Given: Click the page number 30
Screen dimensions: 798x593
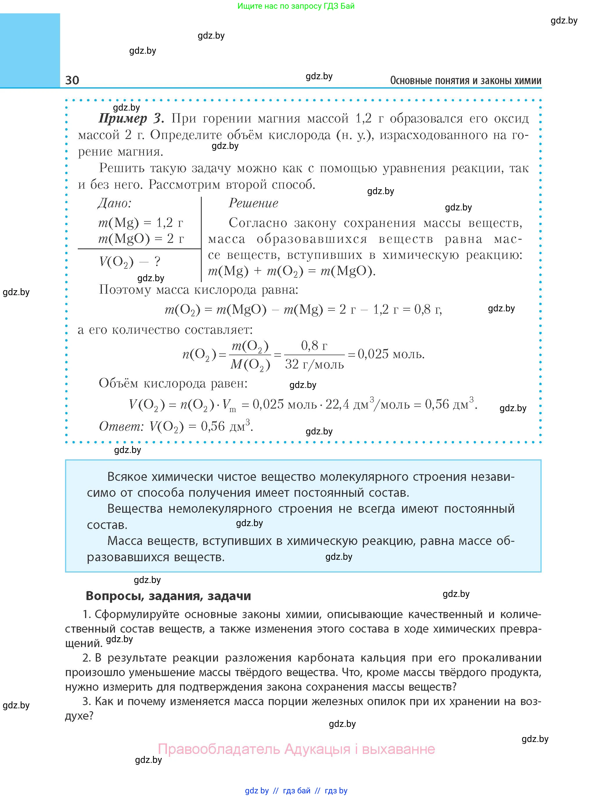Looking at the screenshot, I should click(x=72, y=80).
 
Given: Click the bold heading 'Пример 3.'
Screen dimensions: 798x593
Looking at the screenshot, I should click(x=131, y=118).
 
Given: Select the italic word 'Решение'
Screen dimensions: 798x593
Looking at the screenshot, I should click(x=253, y=203).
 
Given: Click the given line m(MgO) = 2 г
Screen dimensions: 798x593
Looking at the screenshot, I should click(x=141, y=239).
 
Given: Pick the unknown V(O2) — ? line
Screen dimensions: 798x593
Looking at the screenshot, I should click(x=129, y=262).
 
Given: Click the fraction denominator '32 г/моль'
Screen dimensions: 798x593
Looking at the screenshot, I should click(x=314, y=364).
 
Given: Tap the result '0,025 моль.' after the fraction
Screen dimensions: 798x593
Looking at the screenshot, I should click(x=391, y=355).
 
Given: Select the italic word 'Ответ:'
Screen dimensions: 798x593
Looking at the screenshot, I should click(x=121, y=426).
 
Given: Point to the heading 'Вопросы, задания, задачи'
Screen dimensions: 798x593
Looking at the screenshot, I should click(x=168, y=596).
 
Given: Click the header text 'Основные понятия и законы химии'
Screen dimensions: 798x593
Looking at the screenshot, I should click(x=466, y=80).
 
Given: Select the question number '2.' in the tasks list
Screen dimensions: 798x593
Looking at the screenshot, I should click(x=86, y=658).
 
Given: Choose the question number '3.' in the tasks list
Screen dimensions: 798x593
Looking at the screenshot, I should click(x=86, y=701).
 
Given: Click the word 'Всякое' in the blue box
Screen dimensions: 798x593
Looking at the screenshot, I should click(x=127, y=477).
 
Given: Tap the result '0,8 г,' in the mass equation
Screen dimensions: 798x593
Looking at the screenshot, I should click(x=428, y=309).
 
